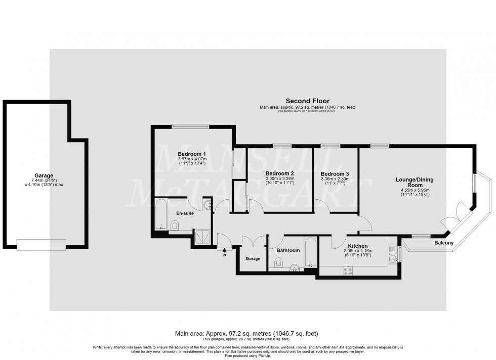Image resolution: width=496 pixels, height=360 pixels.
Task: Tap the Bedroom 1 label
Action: [192, 154]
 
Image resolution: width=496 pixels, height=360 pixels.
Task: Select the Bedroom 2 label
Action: [280, 173]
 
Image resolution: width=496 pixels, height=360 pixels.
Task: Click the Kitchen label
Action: [358, 245]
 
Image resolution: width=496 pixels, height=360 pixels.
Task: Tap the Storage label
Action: [253, 259]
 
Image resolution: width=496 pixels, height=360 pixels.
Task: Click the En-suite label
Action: [185, 213]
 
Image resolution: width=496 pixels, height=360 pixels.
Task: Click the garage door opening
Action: [41, 244]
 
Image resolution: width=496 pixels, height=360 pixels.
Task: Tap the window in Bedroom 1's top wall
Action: [190, 126]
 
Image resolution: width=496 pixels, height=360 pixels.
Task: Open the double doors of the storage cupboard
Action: [253, 241]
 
